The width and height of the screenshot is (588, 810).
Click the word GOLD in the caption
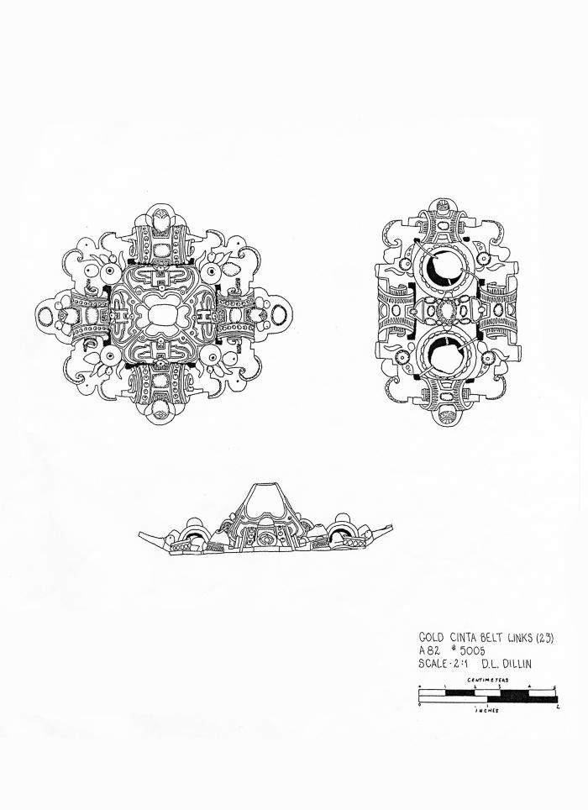(431, 638)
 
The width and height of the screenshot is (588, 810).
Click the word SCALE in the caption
(433, 664)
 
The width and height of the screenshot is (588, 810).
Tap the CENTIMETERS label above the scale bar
(488, 680)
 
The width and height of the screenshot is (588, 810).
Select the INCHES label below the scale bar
(487, 710)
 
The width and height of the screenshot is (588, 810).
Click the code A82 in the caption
(428, 651)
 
